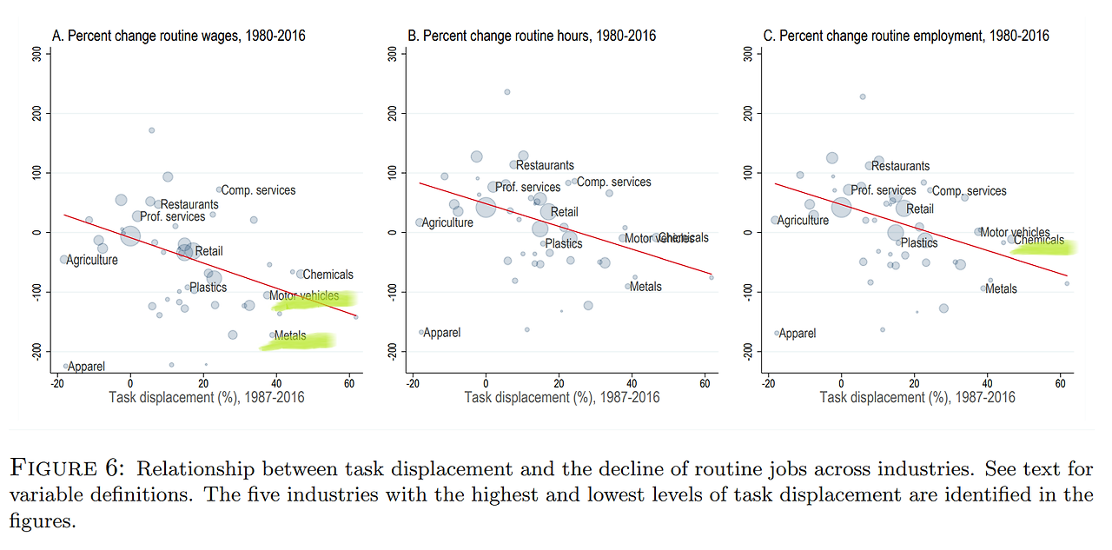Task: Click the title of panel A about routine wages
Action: (179, 36)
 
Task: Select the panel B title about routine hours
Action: (532, 36)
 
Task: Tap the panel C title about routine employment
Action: (905, 36)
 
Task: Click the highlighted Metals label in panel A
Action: (290, 335)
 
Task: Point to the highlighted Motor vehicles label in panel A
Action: (304, 296)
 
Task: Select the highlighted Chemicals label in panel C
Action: (1038, 241)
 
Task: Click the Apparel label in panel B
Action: (442, 333)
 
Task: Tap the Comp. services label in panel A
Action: (258, 190)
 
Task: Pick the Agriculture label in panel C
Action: (804, 221)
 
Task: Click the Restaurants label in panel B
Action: (545, 165)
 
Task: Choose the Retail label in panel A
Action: (208, 252)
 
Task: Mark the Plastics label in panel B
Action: (563, 244)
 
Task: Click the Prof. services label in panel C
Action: (883, 190)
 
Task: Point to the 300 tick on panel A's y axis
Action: (37, 54)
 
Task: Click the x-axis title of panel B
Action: (562, 398)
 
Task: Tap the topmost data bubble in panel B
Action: (507, 92)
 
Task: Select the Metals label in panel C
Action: (1001, 289)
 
